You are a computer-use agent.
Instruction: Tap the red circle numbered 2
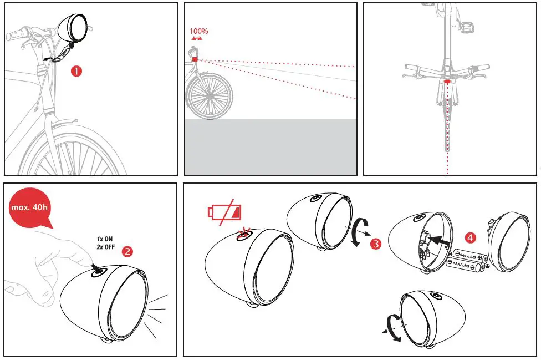tap(127, 251)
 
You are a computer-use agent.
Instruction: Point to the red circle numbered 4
tap(470, 238)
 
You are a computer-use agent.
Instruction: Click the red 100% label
tap(198, 32)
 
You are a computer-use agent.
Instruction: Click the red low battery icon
tap(225, 212)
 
